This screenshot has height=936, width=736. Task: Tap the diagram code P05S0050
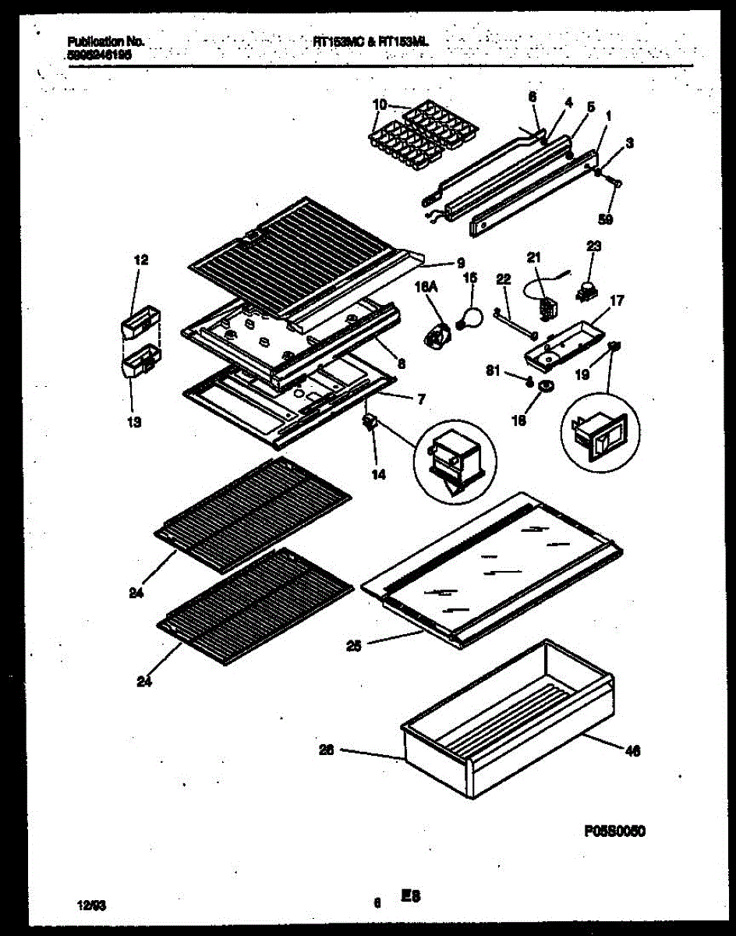click(614, 831)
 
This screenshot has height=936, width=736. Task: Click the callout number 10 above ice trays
click(379, 105)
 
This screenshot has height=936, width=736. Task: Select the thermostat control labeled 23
click(582, 294)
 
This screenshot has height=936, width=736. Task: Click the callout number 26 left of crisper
click(327, 750)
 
